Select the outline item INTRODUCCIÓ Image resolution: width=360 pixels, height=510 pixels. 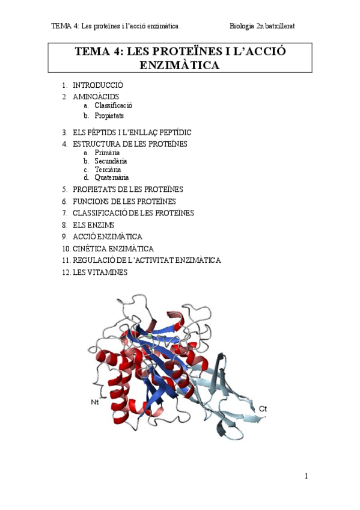pos(98,85)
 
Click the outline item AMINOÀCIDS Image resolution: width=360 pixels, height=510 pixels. pos(96,96)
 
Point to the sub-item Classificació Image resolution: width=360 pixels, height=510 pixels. pos(113,105)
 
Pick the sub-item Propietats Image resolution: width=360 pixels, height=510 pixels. pos(109,115)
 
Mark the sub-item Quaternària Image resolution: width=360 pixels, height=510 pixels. pos(111,177)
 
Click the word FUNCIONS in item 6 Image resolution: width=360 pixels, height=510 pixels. pos(90,201)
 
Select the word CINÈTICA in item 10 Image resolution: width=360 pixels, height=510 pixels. pos(89,248)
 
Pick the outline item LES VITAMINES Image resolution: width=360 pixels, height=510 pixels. pos(100,272)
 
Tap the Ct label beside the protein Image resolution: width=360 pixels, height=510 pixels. pos(263,409)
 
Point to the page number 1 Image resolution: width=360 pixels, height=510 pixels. pos(306,476)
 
